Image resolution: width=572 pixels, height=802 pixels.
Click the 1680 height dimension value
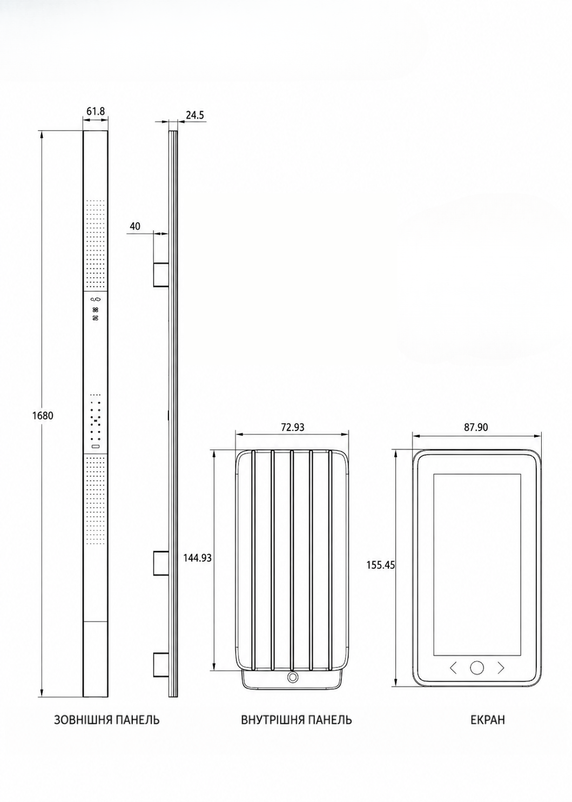click(x=43, y=416)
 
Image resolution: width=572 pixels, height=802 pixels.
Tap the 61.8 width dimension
click(x=96, y=111)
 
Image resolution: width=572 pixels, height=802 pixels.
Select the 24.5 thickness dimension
click(x=195, y=115)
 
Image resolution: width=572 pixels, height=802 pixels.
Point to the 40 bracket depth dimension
click(x=135, y=226)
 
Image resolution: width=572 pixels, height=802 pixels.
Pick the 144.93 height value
click(x=197, y=558)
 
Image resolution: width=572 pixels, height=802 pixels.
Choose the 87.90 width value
click(x=476, y=427)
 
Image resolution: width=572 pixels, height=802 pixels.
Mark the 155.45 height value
click(x=380, y=565)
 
